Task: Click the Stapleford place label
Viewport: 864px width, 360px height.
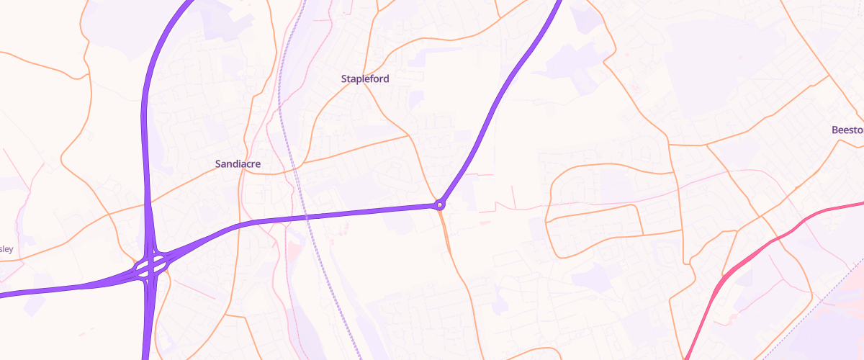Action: click(365, 78)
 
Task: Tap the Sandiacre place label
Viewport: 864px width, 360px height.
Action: click(238, 164)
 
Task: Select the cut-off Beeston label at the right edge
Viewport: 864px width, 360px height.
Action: click(847, 130)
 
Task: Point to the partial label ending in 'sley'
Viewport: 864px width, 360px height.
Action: click(6, 249)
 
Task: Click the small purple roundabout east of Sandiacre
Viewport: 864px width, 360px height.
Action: click(439, 205)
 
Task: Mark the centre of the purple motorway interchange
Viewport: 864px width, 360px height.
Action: click(150, 268)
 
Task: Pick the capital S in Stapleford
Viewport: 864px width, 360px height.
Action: click(344, 78)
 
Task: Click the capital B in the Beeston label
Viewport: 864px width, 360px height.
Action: click(834, 130)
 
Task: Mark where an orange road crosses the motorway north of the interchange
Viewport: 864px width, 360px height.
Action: click(148, 203)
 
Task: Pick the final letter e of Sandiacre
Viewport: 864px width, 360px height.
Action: click(257, 164)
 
